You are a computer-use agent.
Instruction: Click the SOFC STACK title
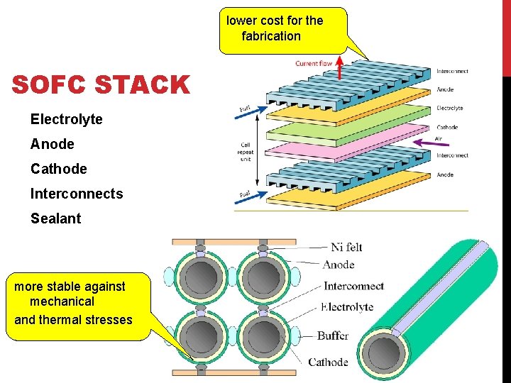click(x=101, y=85)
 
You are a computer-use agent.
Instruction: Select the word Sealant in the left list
click(x=55, y=218)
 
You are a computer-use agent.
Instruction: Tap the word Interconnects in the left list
click(x=77, y=194)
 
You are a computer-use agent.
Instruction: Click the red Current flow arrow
click(x=340, y=68)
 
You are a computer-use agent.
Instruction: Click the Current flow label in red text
click(x=314, y=64)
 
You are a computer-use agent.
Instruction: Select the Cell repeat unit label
click(x=246, y=151)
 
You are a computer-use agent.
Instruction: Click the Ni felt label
click(x=346, y=247)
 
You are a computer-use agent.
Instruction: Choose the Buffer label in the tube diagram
click(x=333, y=335)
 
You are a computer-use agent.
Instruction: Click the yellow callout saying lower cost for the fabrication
click(x=282, y=30)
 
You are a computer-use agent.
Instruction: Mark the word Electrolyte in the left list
click(x=66, y=119)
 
